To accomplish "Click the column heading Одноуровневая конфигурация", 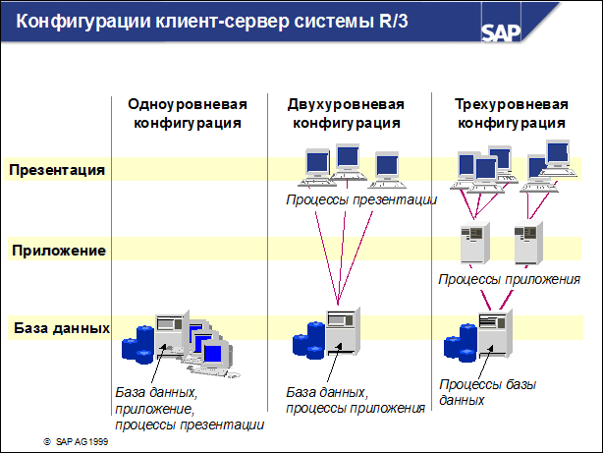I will coord(186,113).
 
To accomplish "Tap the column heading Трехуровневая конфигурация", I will coord(514,113).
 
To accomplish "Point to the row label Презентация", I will coord(57,169).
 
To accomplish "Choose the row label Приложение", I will coord(59,250).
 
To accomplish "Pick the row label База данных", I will coord(60,326).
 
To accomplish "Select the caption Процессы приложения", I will coord(509,279).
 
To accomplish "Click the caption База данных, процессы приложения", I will coord(355,400).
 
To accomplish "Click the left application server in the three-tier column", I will coord(475,242).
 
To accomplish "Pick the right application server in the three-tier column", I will coord(528,242).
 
